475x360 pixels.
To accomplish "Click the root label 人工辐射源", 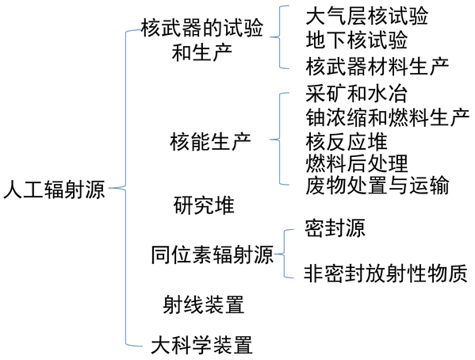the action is pos(54,190).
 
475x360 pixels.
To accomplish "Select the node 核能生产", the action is pos(211,141).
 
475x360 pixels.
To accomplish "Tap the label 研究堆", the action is pos(204,205).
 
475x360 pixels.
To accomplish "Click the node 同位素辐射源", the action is pos(212,255).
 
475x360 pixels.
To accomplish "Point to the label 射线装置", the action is pos(204,304).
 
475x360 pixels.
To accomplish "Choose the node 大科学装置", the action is pos(201,345).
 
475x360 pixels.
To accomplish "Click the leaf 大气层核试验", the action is pos(367,16).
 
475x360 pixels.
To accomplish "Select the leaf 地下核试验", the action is pos(357,40).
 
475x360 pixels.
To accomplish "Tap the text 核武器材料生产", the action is pos(377,67).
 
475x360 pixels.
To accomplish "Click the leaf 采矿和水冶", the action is pos(357,94).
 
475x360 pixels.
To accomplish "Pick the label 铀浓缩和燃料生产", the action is pos(388,117).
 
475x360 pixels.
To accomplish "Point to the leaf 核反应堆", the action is pos(347,141).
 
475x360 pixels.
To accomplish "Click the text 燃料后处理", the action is pos(357,163).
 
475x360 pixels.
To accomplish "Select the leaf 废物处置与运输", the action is pos(377,185).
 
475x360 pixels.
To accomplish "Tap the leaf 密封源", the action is pos(335,228).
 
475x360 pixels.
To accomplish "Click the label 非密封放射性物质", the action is pos(385,274).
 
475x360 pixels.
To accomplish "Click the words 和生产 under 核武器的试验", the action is pos(201,52).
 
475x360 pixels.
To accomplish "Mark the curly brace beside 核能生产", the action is pos(279,140).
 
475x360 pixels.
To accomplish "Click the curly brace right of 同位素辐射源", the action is pos(284,254).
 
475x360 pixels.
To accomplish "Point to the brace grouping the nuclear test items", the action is pos(279,37).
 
